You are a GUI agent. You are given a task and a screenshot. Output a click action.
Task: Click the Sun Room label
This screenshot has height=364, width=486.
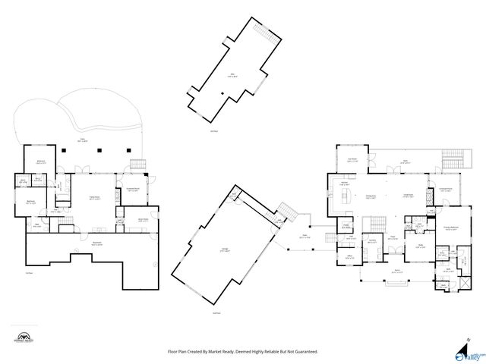(352, 160)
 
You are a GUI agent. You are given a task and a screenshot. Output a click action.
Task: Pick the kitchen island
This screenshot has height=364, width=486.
(349, 199)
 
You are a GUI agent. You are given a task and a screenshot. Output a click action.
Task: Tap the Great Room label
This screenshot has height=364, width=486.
(408, 196)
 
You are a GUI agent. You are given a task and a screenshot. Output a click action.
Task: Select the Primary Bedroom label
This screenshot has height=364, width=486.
(450, 228)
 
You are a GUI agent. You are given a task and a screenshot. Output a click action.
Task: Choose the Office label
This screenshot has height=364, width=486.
(351, 256)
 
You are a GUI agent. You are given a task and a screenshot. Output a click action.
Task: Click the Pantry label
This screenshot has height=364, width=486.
(346, 225)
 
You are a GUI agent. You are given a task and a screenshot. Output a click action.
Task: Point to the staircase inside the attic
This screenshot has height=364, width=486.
(262, 34)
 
